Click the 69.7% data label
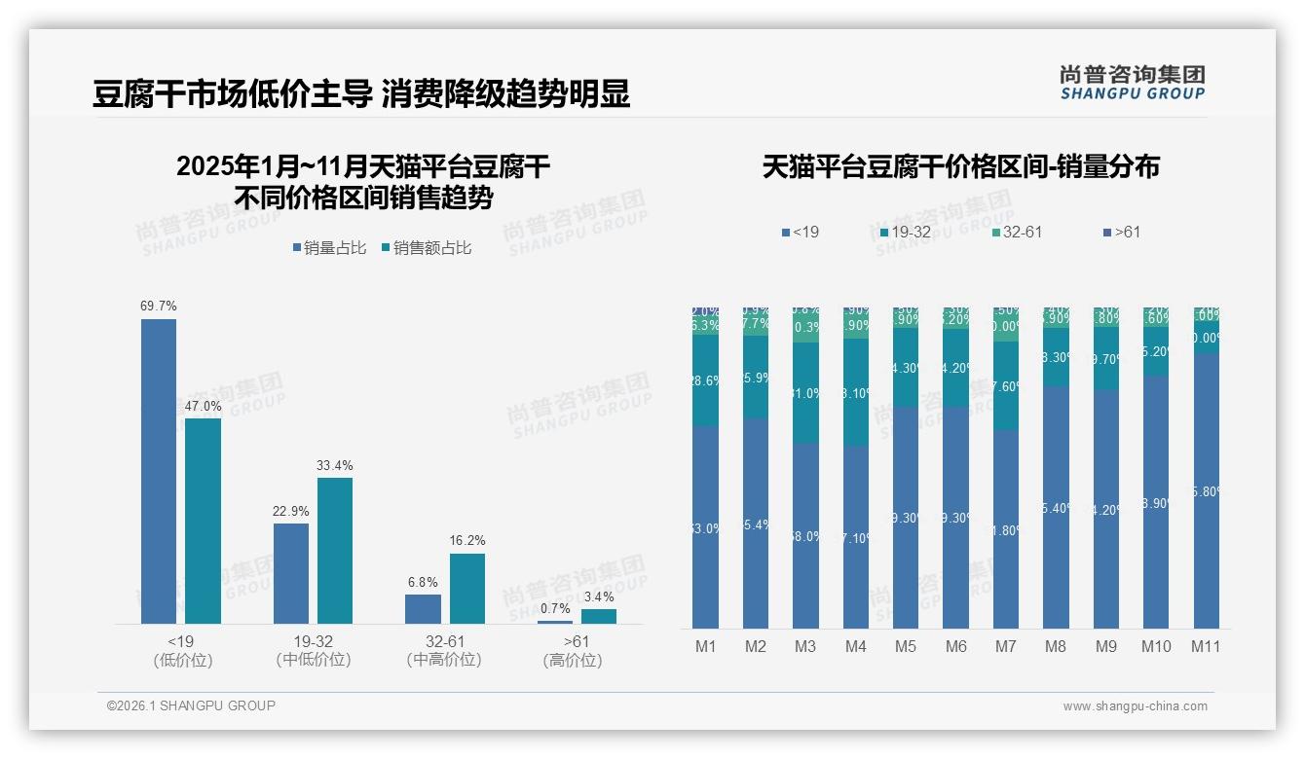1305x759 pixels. coord(159,306)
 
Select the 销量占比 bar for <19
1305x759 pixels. coord(159,471)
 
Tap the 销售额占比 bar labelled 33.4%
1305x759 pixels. coord(335,550)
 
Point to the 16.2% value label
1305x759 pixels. coord(467,540)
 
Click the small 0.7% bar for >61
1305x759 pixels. coord(555,621)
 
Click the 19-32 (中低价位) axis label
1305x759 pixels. coord(314,650)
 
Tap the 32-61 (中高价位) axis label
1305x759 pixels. coord(445,650)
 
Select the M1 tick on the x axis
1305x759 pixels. coord(705,646)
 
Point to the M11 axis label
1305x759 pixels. coord(1205,646)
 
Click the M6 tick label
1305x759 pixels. coord(955,646)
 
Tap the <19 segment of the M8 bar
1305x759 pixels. coord(1056,506)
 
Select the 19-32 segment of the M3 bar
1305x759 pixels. coord(805,393)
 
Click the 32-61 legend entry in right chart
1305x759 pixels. coord(1017,232)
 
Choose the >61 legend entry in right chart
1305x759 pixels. coord(1121,232)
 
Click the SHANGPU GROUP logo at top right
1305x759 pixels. coord(1132,83)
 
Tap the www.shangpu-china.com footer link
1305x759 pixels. coord(1135,706)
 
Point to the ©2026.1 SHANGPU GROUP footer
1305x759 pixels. coord(191,705)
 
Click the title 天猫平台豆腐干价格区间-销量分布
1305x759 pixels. coord(960,166)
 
